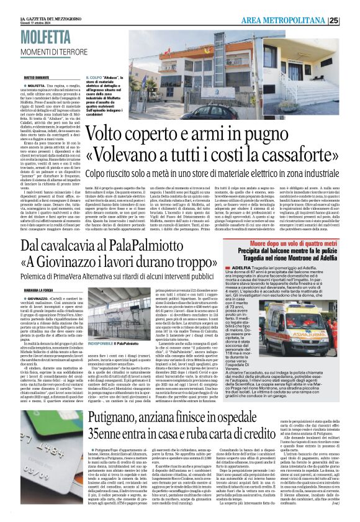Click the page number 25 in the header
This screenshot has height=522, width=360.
(x=351, y=20)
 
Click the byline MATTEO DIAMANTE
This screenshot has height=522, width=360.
(x=37, y=78)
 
